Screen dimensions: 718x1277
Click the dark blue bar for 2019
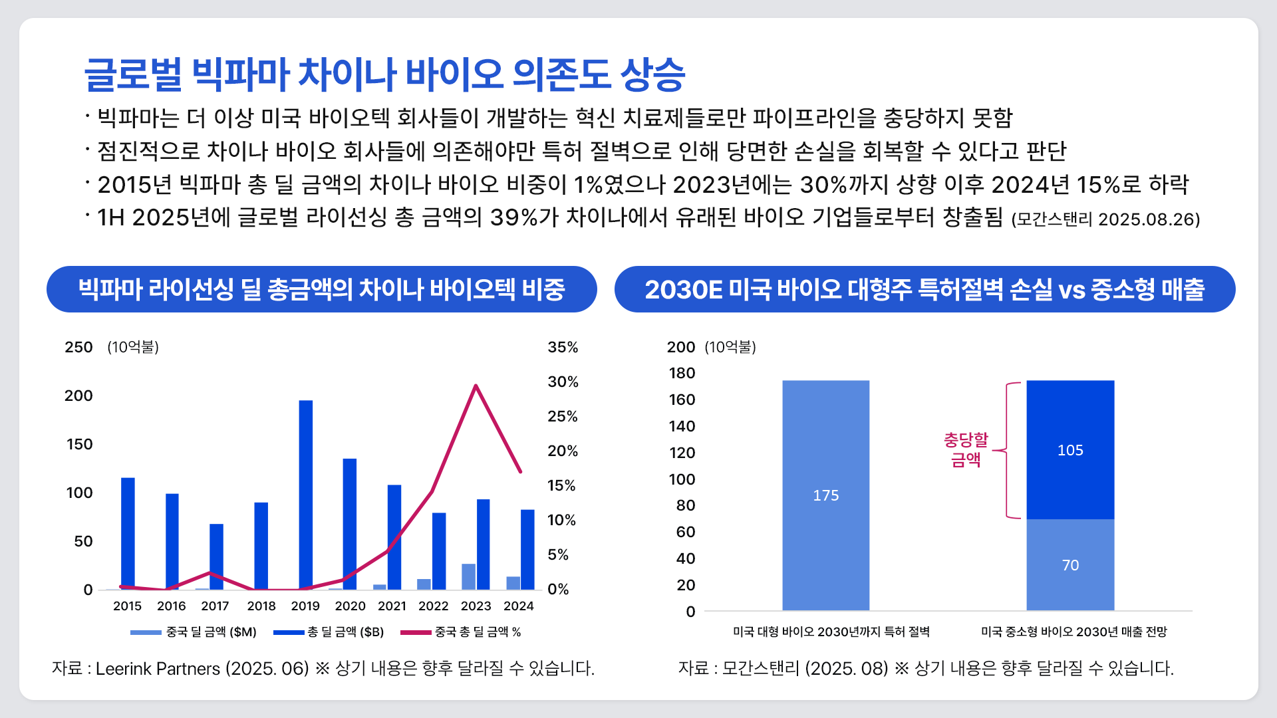[306, 495]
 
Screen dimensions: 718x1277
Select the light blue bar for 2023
[469, 576]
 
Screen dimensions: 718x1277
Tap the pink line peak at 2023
[476, 386]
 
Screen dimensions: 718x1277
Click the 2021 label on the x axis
[392, 606]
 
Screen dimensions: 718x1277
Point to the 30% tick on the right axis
[563, 382]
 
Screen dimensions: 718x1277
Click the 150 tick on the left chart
[80, 444]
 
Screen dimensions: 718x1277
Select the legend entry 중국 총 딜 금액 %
[478, 632]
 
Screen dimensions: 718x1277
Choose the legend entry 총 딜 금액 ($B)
[345, 632]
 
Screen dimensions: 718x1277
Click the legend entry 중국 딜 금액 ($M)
[211, 632]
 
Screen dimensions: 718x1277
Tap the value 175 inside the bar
[825, 495]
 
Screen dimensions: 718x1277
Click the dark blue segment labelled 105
[1070, 450]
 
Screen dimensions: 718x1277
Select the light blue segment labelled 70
[1070, 565]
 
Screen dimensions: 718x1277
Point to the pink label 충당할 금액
[966, 449]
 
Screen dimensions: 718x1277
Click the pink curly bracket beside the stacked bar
[1007, 450]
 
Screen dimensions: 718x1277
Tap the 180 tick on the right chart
[682, 373]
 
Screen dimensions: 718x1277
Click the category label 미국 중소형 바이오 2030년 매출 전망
[1073, 632]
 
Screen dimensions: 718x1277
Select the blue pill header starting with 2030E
[924, 289]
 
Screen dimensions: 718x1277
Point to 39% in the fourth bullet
[513, 217]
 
